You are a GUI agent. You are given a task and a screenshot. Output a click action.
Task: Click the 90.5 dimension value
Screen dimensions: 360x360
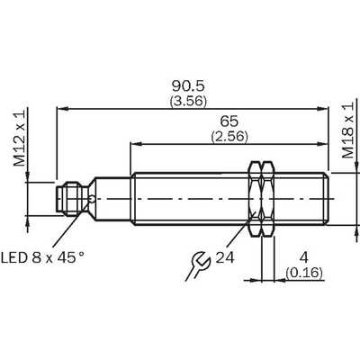point(188,86)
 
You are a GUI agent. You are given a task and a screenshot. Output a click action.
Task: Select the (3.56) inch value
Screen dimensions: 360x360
point(188,102)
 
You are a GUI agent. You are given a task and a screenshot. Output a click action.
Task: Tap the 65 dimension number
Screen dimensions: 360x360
point(229,121)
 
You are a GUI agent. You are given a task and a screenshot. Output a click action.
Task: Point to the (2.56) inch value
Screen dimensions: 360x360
point(229,137)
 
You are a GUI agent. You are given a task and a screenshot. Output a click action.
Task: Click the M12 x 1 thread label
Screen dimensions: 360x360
point(20,138)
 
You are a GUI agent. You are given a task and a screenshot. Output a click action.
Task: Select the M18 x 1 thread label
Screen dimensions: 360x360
point(348,130)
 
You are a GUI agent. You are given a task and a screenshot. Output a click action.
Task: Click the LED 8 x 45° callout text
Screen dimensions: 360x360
point(42,257)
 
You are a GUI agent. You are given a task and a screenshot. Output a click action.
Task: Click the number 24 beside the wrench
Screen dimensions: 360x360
point(225,257)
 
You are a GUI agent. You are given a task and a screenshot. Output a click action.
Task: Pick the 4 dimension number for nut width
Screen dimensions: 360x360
point(304,257)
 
